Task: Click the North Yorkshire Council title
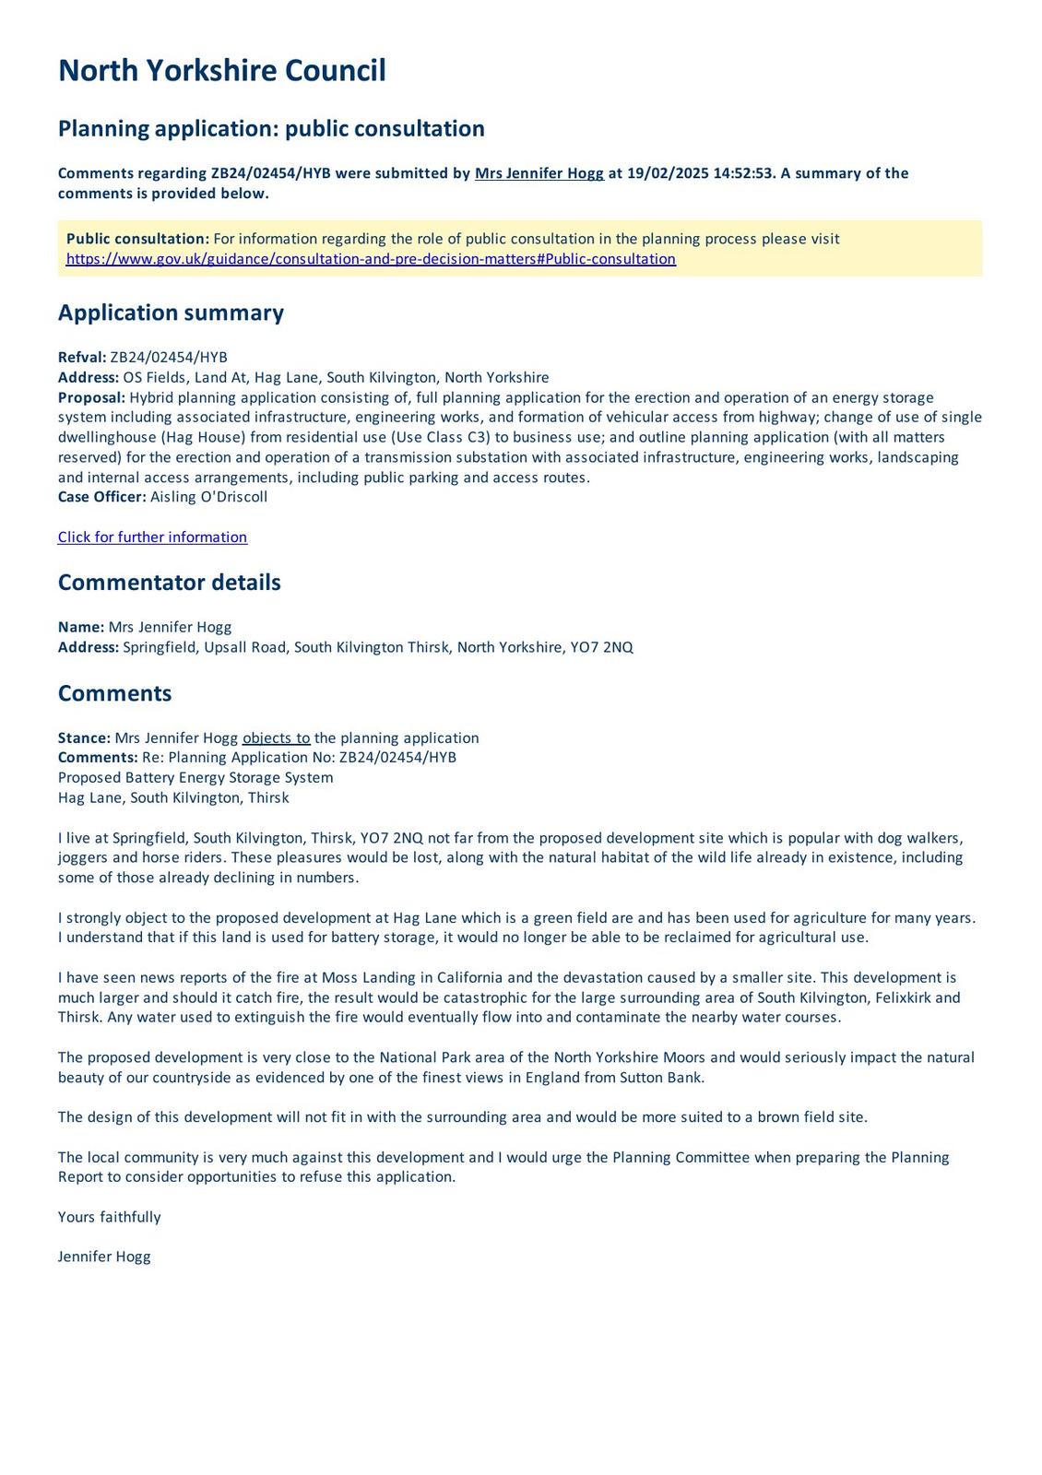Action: [221, 71]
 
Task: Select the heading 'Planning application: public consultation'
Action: [271, 128]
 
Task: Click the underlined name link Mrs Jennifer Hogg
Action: [539, 173]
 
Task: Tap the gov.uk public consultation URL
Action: [371, 259]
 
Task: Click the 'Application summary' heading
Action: [171, 313]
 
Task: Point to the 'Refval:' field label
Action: [82, 358]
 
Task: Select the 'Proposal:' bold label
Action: [91, 397]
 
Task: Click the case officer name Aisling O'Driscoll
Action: [208, 497]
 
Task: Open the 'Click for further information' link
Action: [152, 537]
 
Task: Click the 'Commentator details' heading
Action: [169, 583]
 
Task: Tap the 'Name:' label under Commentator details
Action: [81, 627]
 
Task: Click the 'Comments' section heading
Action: [114, 693]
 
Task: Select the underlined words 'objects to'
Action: [276, 738]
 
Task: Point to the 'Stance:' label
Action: [84, 738]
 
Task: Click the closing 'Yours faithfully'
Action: [109, 1217]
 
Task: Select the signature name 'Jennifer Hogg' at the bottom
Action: [104, 1257]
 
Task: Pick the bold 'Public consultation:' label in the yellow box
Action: [137, 239]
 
